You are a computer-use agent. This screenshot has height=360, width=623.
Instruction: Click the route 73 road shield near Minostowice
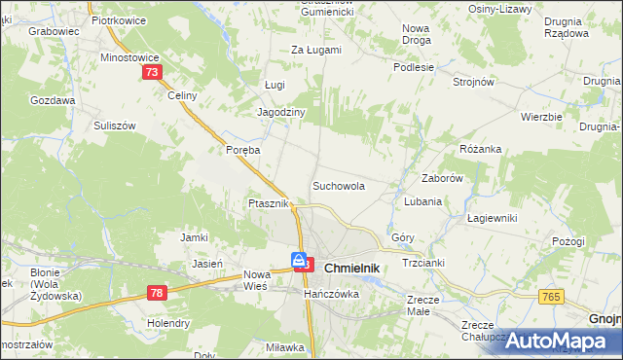151,73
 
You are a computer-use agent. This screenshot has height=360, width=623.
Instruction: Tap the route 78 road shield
158,292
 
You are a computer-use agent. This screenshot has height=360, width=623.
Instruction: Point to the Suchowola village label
338,185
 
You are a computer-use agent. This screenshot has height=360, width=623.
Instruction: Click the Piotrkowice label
117,19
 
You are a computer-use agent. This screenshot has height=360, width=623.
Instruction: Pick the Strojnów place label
474,83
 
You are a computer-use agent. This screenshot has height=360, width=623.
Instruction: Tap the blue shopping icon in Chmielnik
299,261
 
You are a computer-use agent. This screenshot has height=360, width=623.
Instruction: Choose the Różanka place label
480,149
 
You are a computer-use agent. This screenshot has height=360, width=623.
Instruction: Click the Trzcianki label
422,264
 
